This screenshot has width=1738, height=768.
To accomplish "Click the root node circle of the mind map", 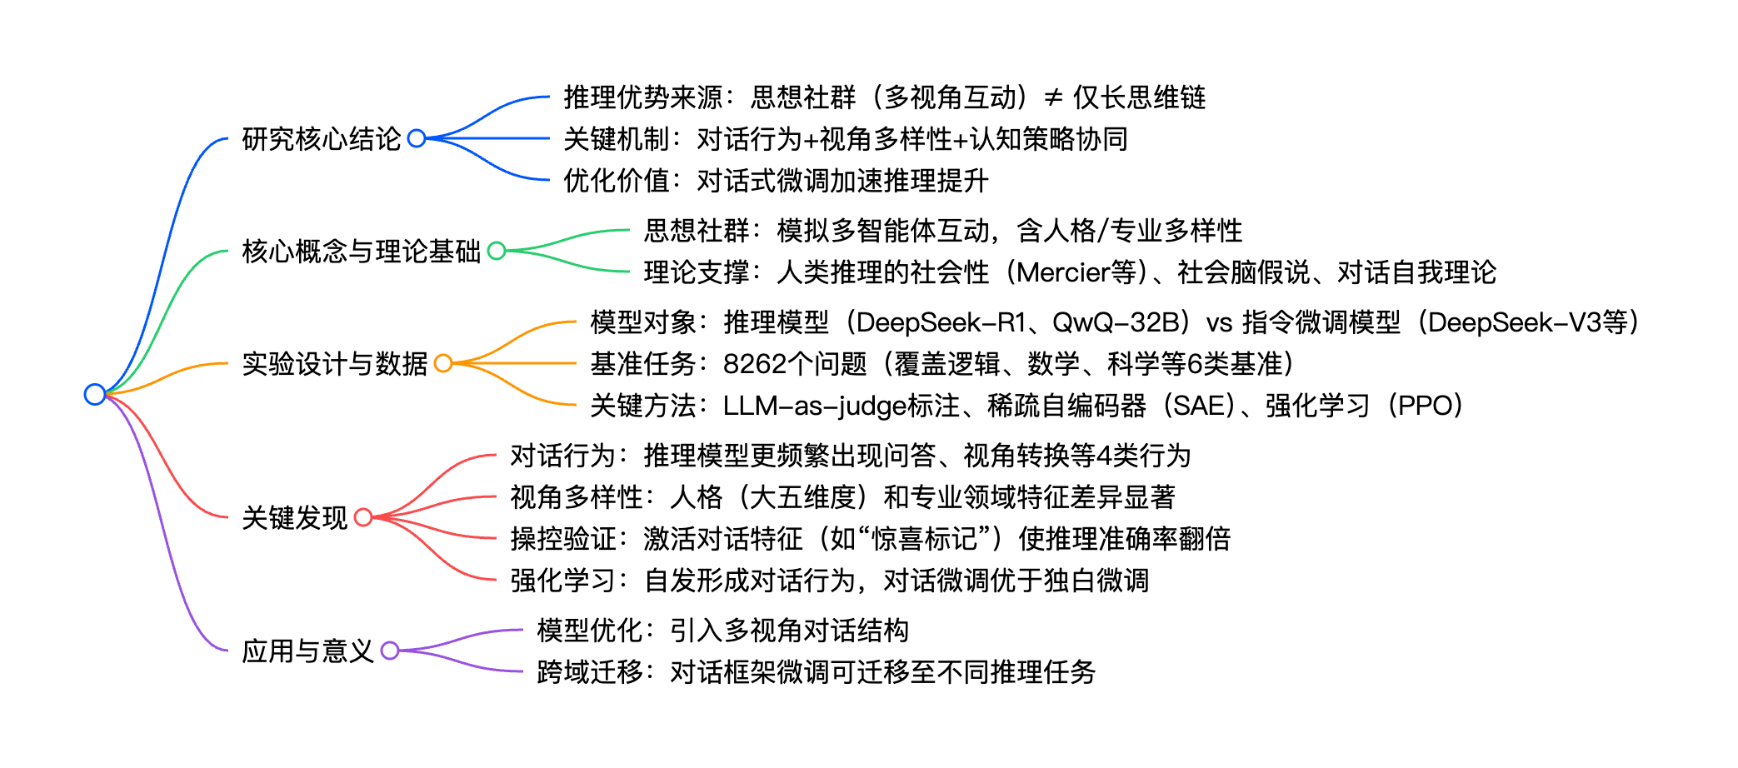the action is click(x=95, y=394).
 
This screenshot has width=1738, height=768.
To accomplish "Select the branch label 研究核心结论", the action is click(x=322, y=139).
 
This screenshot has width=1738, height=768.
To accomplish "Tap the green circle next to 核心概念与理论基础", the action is click(x=497, y=251).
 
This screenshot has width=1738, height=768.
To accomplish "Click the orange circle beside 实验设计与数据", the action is click(x=443, y=363).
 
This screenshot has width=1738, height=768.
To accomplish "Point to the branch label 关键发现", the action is click(x=294, y=518).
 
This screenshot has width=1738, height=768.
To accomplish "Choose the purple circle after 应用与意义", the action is click(x=389, y=651).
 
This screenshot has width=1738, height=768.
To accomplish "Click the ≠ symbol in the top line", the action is click(x=1053, y=98).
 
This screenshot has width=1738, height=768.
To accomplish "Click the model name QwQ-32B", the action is click(x=1116, y=322).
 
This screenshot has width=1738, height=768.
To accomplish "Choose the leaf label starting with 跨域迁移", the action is click(x=816, y=672).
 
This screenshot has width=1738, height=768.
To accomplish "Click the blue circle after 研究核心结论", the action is click(x=417, y=138).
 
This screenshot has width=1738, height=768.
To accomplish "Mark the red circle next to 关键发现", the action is click(x=363, y=517).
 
